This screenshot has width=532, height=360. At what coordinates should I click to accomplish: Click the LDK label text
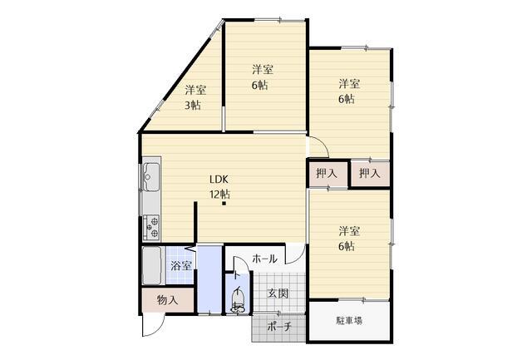[219, 179]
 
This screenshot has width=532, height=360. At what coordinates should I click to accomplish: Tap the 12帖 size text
[219, 195]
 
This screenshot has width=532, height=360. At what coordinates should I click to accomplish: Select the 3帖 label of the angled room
[192, 106]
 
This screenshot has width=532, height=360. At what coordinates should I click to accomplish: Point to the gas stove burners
[151, 227]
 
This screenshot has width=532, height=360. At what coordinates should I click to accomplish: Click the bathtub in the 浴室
[151, 265]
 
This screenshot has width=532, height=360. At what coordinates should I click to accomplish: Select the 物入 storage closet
[168, 300]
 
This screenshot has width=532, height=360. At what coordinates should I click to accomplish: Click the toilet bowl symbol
[238, 303]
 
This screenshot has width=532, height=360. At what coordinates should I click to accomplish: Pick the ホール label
[264, 259]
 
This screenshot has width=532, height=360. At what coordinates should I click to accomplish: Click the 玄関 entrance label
[278, 293]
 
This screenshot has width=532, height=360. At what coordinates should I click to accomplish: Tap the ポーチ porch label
[279, 327]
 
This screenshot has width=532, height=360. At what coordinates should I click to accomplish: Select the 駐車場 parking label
[349, 320]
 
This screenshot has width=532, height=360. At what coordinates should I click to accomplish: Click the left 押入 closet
[328, 174]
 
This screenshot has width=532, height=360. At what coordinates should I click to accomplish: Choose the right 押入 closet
[370, 174]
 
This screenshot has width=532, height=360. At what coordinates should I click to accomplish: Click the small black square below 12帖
[224, 204]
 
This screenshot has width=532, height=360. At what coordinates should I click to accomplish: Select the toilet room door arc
[243, 260]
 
